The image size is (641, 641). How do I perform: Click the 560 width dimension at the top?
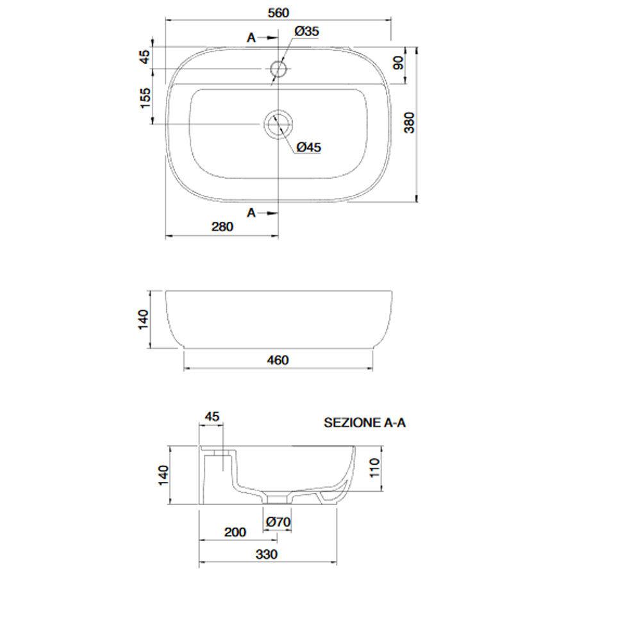[x=278, y=13]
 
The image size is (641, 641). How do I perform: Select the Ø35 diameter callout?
[x=306, y=31]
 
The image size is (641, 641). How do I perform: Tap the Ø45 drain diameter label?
[x=309, y=147]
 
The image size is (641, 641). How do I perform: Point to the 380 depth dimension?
[x=409, y=122]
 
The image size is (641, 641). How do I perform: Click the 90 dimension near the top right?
[x=398, y=63]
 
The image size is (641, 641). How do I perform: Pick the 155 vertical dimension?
[x=145, y=98]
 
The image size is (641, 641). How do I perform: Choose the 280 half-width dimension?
[x=222, y=226]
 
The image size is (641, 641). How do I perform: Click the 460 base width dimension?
[x=278, y=360]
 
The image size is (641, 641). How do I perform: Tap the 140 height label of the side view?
[x=143, y=320]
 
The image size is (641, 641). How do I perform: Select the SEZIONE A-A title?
[x=365, y=422]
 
